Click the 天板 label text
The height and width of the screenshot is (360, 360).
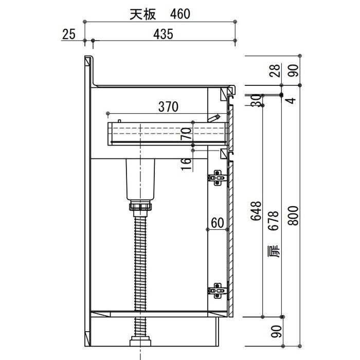pos(142,14)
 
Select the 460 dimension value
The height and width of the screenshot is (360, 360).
pos(180,14)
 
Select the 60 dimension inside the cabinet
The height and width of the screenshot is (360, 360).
pos(217,223)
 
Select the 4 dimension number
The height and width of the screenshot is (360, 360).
pos(293,100)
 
